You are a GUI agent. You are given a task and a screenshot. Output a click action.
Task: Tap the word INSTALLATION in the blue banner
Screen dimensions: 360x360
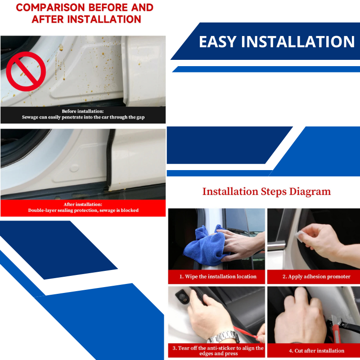(298, 42)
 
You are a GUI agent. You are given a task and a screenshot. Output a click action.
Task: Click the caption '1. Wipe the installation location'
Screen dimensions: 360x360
(218, 276)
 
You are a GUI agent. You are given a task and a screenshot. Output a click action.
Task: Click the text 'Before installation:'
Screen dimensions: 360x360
(82, 111)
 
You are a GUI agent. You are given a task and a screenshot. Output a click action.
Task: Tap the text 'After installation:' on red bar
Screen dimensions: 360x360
(83, 204)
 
